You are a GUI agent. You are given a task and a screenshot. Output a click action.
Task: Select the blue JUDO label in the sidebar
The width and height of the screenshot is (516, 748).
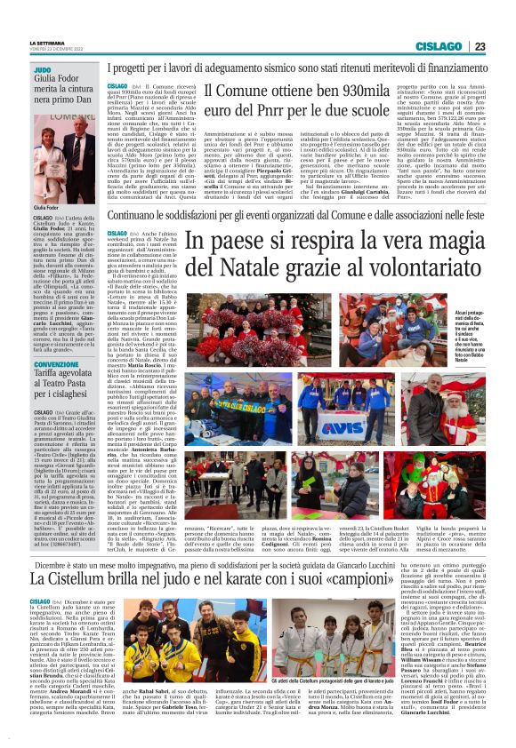42,69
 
